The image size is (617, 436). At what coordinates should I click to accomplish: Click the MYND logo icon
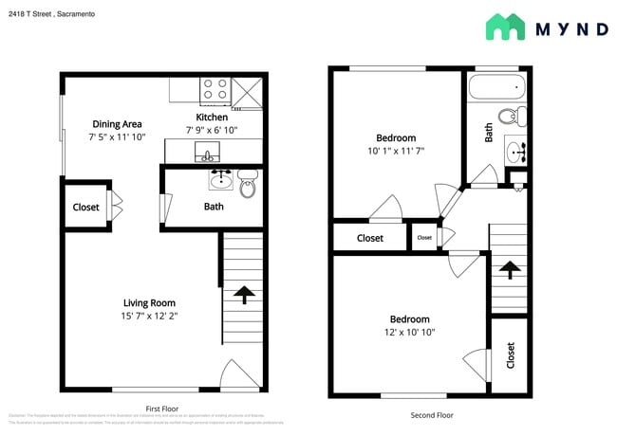[x=505, y=27]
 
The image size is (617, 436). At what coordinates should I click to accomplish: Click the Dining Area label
[x=117, y=124]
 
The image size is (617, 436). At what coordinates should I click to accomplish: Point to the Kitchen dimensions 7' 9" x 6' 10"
[x=211, y=130]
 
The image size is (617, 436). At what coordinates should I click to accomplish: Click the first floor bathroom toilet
[x=248, y=186]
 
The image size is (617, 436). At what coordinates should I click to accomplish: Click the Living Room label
[x=149, y=302]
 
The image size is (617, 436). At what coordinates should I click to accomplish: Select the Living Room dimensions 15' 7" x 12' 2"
[x=149, y=316]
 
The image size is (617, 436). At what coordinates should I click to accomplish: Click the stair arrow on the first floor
[x=243, y=295]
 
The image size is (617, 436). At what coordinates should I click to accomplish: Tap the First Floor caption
[x=162, y=408]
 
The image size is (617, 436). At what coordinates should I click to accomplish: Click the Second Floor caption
[x=432, y=415]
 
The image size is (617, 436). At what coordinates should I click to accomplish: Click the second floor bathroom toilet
[x=512, y=118]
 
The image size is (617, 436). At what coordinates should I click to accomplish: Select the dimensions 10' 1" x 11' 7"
[x=396, y=151]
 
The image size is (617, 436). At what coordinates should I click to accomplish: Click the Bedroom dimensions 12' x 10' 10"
[x=409, y=333]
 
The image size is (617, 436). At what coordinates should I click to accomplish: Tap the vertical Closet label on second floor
[x=510, y=355]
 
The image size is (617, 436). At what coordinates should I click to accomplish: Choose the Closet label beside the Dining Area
[x=86, y=207]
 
